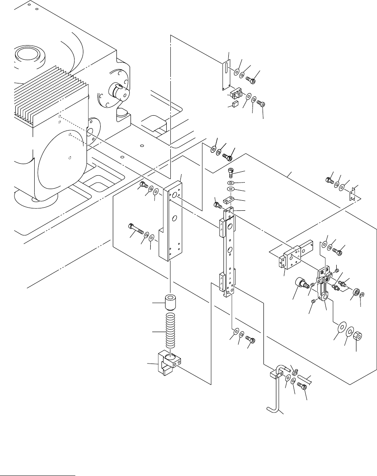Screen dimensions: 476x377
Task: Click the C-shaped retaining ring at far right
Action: point(363,295)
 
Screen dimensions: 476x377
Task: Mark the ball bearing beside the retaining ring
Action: point(356,292)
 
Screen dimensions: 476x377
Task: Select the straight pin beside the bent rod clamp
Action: point(304,379)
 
